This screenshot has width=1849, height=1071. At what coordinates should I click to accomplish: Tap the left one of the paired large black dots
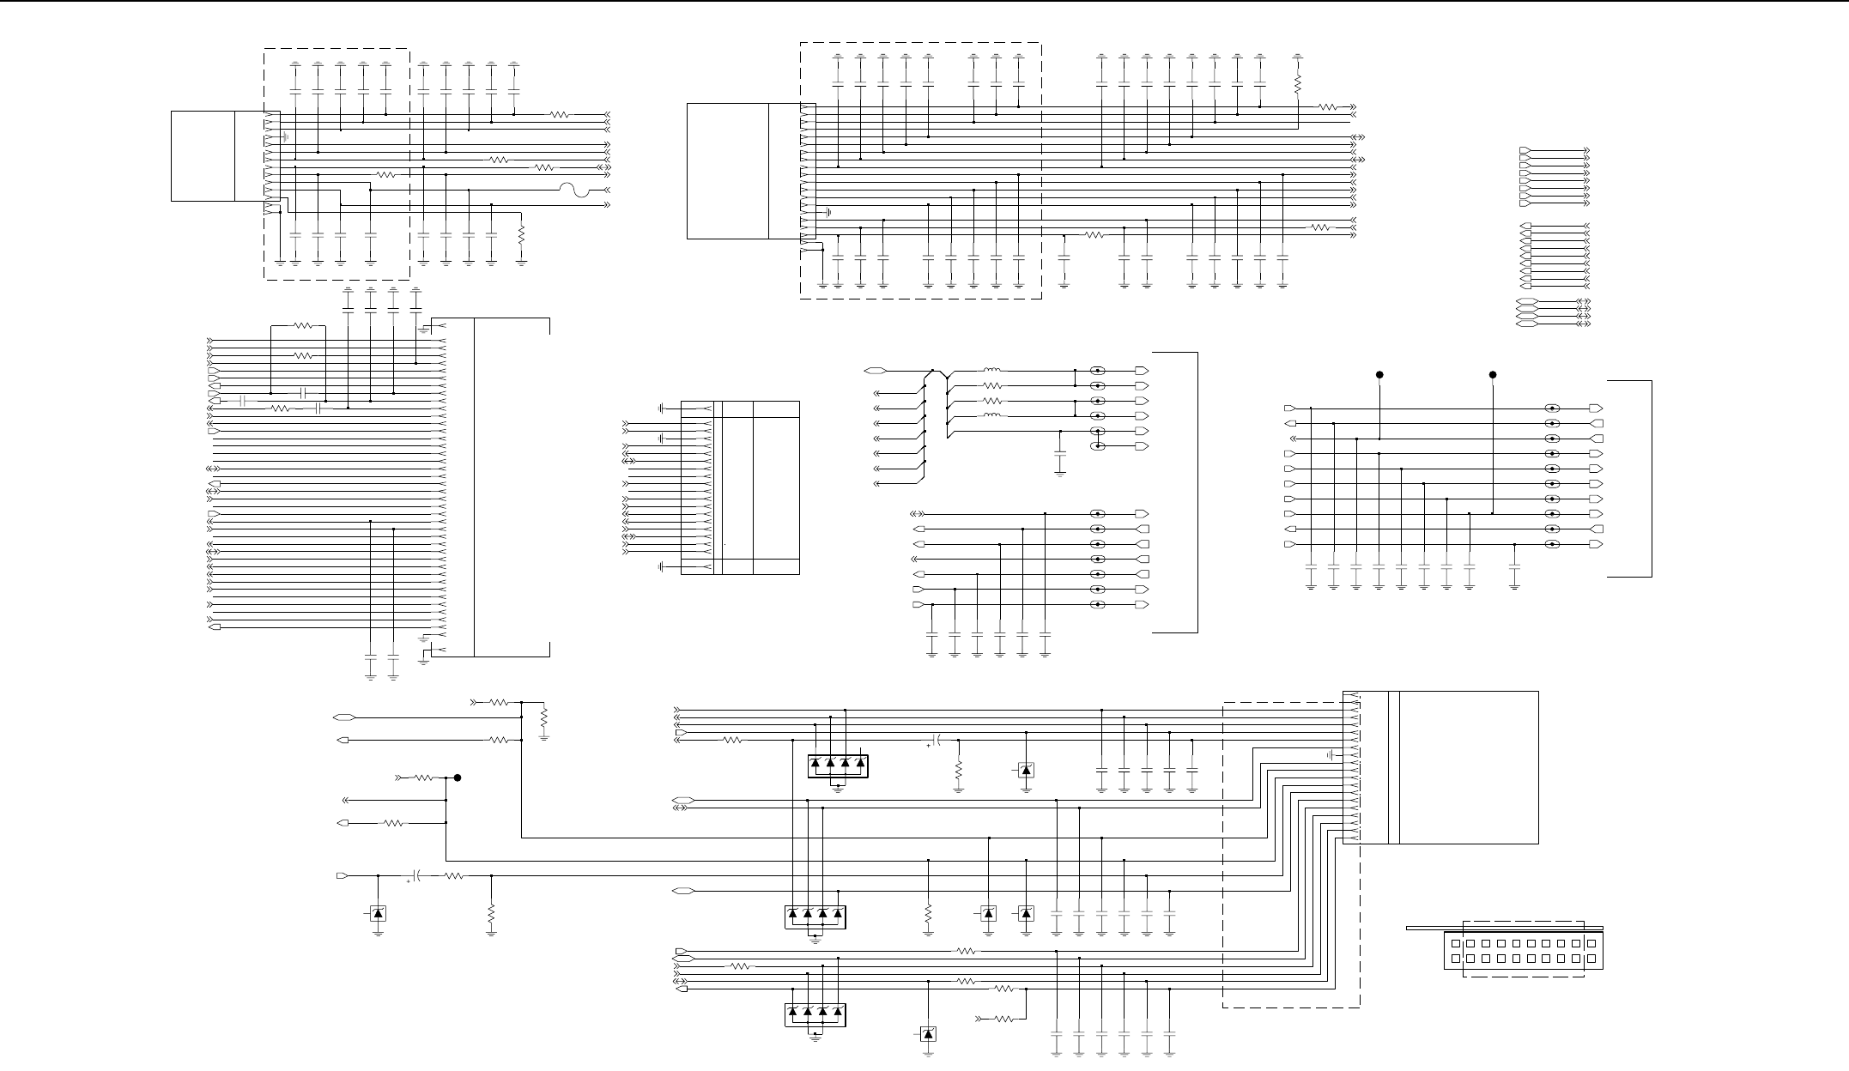[x=1379, y=375]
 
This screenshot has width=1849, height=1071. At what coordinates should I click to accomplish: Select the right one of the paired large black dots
[x=1493, y=375]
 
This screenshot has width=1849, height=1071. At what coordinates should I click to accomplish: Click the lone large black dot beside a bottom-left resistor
[x=458, y=778]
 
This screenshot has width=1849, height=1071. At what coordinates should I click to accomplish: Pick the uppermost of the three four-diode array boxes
[x=838, y=765]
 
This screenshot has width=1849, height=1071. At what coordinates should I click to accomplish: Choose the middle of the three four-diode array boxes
[x=815, y=917]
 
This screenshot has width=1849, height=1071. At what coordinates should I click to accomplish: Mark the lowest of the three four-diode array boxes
[x=815, y=1014]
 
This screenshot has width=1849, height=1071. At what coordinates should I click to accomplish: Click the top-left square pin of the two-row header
[x=1455, y=943]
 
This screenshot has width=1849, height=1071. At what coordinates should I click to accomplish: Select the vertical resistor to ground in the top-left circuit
[x=522, y=233]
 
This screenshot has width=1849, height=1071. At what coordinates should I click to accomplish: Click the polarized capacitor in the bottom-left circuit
[x=415, y=876]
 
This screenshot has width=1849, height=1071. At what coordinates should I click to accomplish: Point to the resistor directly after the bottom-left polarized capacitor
[x=453, y=876]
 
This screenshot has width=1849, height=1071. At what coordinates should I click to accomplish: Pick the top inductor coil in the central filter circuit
[x=991, y=371]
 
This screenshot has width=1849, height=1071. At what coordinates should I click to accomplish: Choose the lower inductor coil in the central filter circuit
[x=991, y=416]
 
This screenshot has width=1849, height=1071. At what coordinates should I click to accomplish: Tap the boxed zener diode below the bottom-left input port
[x=378, y=914]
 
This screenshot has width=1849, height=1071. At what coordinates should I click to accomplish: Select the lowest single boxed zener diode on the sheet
[x=928, y=1034]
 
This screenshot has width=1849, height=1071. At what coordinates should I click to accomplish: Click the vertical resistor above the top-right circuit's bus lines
[x=1298, y=84]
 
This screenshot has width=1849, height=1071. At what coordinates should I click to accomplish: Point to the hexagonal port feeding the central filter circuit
[x=876, y=371]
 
